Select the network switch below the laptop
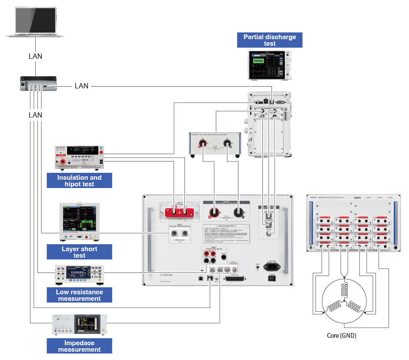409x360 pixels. click(x=38, y=83)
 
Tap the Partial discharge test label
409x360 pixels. click(x=270, y=40)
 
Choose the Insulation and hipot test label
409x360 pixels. click(x=79, y=181)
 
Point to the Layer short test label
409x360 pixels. click(x=79, y=252)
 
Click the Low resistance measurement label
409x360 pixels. click(x=79, y=295)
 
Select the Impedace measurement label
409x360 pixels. click(x=79, y=346)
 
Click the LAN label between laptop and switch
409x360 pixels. click(x=36, y=56)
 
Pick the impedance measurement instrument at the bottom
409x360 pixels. click(x=79, y=325)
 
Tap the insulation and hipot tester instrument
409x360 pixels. click(x=79, y=157)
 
